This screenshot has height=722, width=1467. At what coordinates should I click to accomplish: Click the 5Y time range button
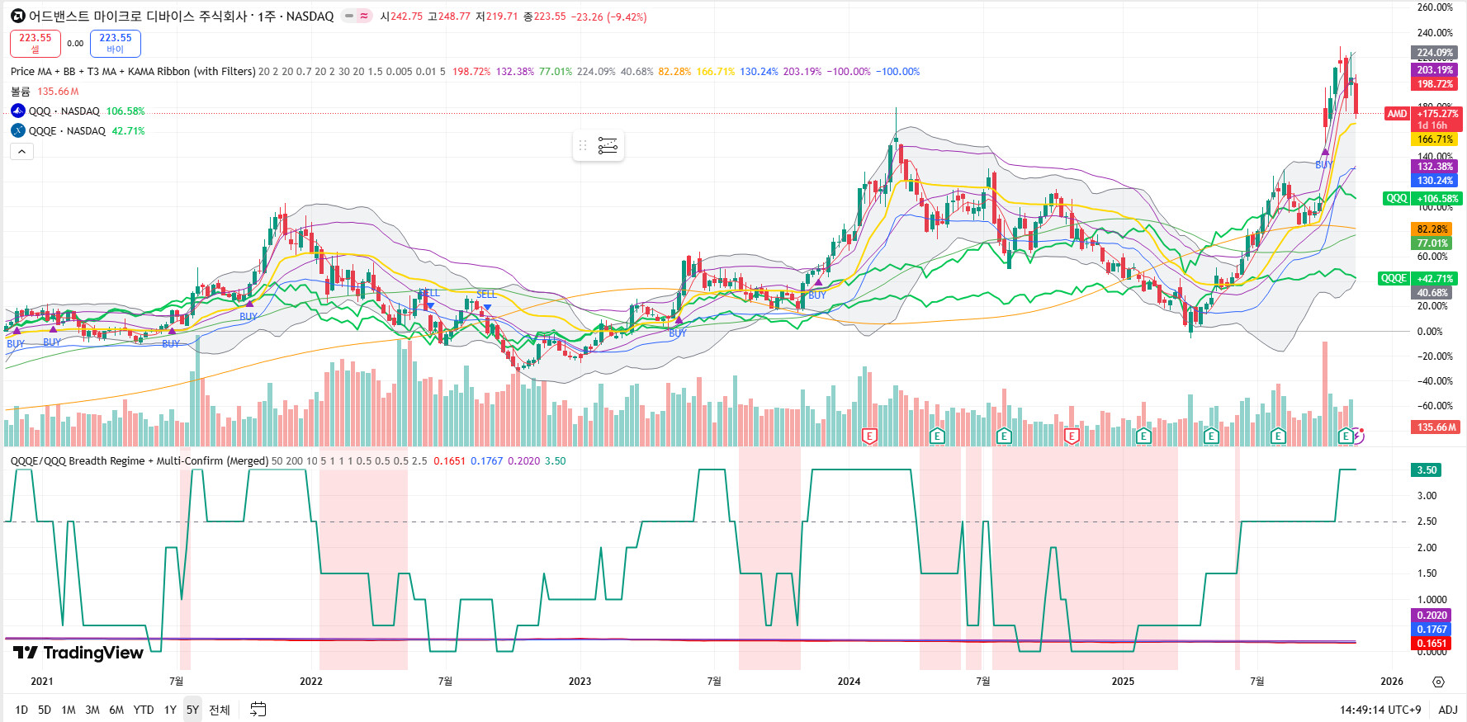click(x=192, y=710)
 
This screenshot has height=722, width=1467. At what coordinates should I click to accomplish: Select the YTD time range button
click(x=144, y=710)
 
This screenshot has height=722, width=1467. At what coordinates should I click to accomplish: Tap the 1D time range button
click(x=21, y=710)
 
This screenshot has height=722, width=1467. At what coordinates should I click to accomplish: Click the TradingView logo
click(x=79, y=653)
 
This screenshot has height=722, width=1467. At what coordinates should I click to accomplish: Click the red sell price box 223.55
click(x=35, y=43)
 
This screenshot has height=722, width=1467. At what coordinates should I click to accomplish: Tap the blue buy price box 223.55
click(x=116, y=43)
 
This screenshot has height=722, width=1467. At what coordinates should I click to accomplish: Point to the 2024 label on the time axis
click(x=849, y=681)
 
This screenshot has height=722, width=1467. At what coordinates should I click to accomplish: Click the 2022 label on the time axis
click(x=311, y=681)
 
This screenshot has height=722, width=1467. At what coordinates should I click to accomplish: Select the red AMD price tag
click(x=1397, y=114)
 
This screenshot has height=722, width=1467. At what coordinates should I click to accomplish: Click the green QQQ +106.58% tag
click(x=1422, y=198)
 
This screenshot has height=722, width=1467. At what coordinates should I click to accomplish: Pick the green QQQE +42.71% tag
click(x=1419, y=278)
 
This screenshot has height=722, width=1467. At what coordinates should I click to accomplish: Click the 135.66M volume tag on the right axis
click(x=1436, y=427)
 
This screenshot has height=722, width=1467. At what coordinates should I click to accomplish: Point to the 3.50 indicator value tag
click(x=1427, y=470)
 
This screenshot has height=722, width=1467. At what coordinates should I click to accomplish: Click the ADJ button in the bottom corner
click(x=1448, y=710)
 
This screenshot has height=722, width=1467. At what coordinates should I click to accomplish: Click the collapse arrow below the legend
click(x=21, y=151)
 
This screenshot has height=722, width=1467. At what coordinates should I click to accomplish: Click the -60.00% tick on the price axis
click(x=1435, y=406)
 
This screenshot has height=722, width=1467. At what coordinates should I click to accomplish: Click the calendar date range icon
click(x=258, y=710)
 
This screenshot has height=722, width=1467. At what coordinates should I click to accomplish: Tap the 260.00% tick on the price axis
click(x=1435, y=7)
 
